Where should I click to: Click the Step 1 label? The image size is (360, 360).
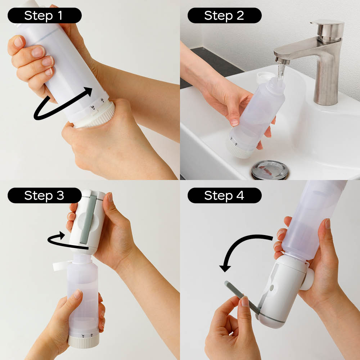pos(45,15)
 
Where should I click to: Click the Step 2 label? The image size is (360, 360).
pos(224,15)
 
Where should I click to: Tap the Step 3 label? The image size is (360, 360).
pos(45,195)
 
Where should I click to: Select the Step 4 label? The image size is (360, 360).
pos(224,195)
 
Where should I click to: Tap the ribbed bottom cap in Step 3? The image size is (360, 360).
pos(84,340)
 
